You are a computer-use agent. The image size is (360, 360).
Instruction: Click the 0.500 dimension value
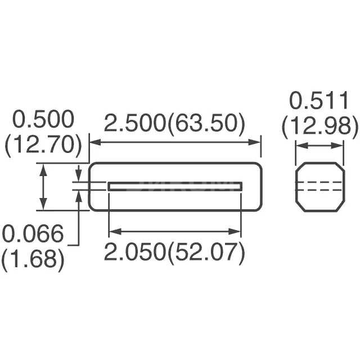43,120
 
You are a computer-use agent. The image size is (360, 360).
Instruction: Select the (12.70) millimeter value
43,145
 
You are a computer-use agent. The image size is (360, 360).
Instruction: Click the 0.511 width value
319,101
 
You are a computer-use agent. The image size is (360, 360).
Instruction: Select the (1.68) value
32,259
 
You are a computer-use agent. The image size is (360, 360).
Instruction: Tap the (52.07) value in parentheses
210,253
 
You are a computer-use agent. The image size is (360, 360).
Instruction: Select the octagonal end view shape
319,187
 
